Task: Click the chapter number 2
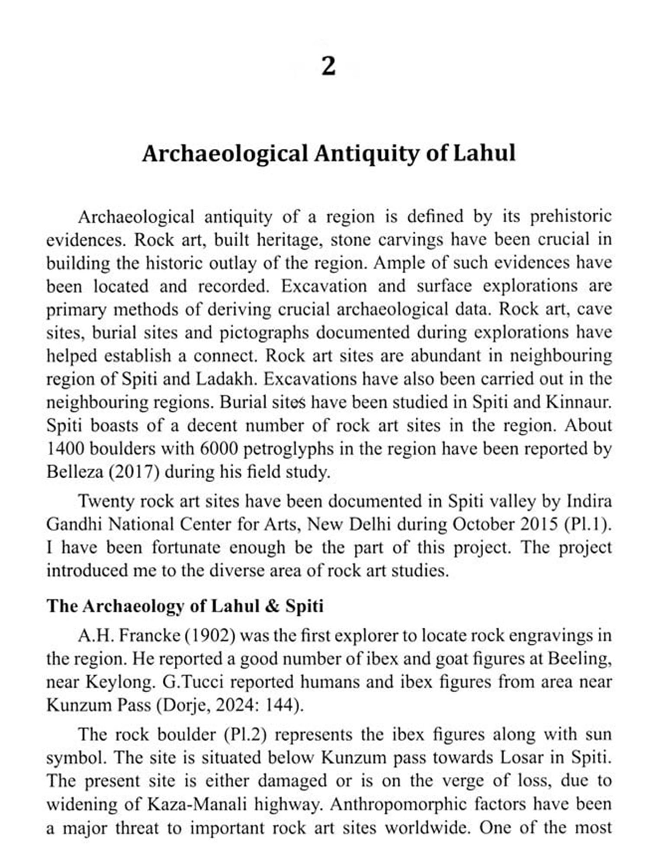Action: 328,67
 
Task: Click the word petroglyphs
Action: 289,449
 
